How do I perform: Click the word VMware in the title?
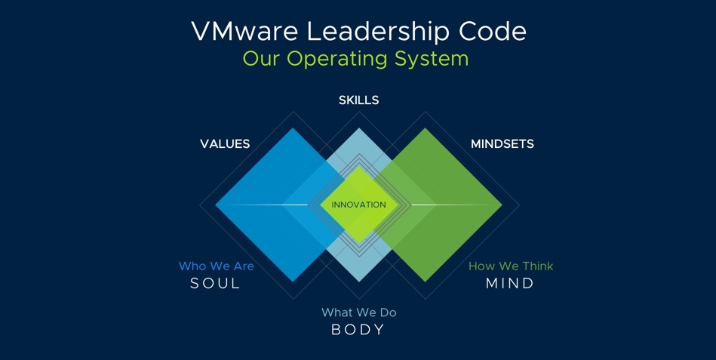[236, 31]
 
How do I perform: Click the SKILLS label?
[358, 100]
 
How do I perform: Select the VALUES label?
[225, 143]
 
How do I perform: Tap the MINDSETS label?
[502, 143]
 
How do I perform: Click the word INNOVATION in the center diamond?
[358, 205]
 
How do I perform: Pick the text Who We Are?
[216, 266]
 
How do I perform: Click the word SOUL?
[215, 284]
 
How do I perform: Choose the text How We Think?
[511, 266]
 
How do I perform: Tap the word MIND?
[510, 284]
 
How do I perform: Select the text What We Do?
[358, 312]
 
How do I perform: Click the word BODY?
[358, 330]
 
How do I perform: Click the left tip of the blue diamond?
[217, 205]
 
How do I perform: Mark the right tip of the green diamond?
[501, 205]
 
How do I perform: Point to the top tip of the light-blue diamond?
[358, 129]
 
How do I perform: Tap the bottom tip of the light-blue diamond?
[358, 281]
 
